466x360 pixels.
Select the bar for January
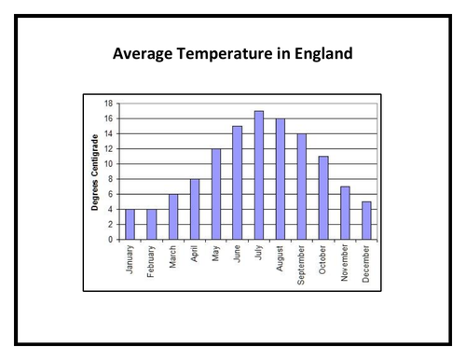click(x=130, y=224)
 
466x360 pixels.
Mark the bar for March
click(x=173, y=216)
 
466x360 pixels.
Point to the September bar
click(x=302, y=187)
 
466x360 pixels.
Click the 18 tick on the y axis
click(x=108, y=104)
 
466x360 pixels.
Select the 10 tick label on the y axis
click(x=108, y=164)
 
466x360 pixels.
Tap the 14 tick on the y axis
click(x=108, y=133)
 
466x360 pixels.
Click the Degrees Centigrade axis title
click(x=95, y=172)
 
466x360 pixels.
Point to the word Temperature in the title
click(x=221, y=54)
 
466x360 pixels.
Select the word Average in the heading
click(x=143, y=54)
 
